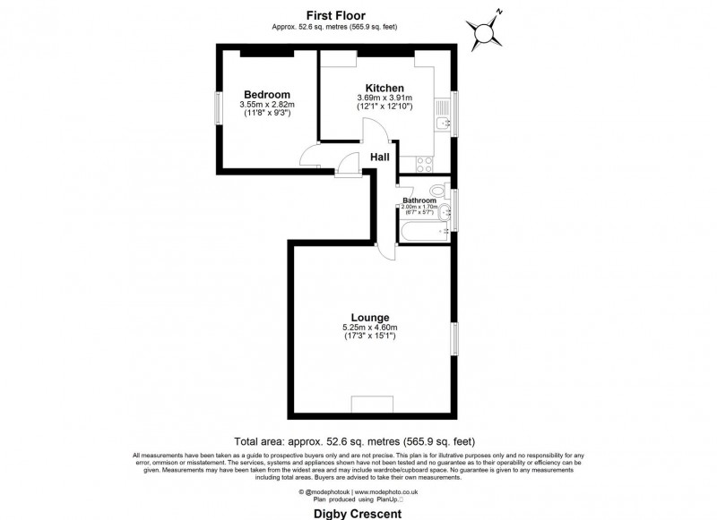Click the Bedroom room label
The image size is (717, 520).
[267, 95]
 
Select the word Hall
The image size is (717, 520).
[380, 158]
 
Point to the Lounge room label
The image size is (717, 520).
[369, 318]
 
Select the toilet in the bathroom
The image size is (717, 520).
[437, 190]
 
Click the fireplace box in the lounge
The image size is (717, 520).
[370, 404]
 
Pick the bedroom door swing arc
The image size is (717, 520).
[309, 159]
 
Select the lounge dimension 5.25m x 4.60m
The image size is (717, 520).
[369, 328]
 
